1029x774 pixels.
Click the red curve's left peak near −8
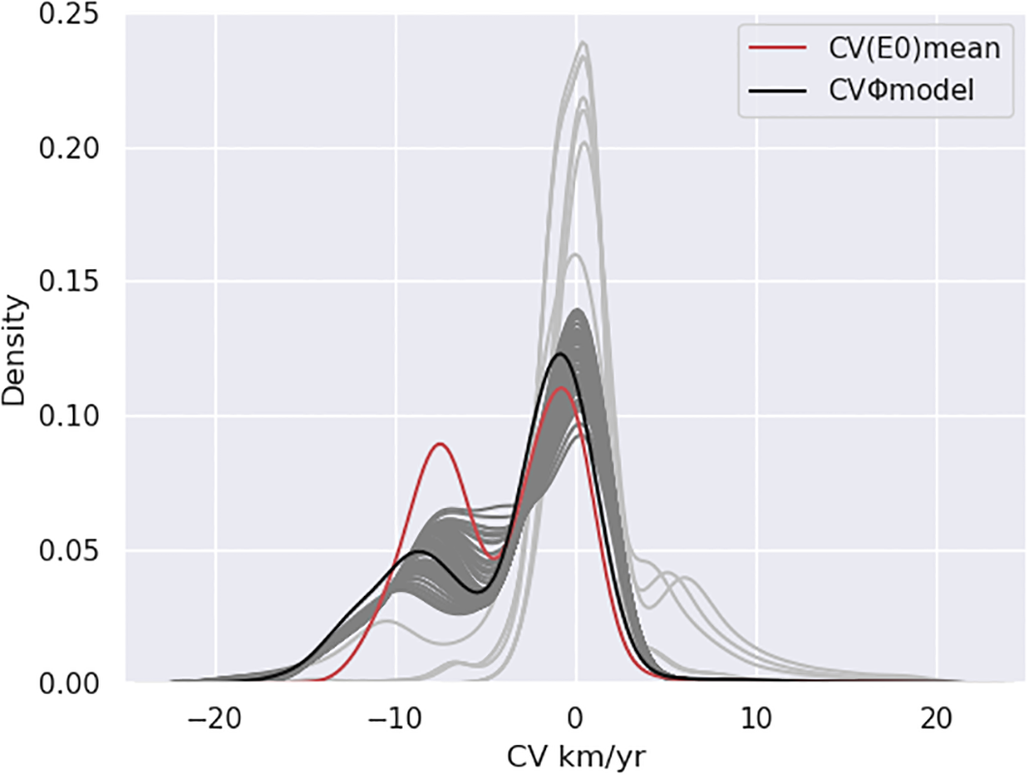pyautogui.click(x=440, y=444)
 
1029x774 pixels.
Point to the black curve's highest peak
pyautogui.click(x=560, y=354)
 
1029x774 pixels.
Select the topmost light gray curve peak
pyautogui.click(x=583, y=43)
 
